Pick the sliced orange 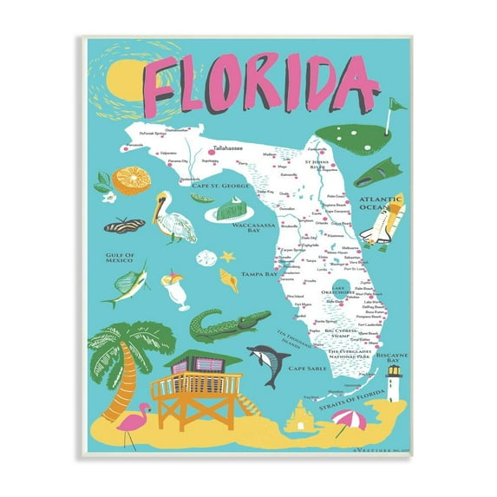[133, 180]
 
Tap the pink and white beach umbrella [350, 425]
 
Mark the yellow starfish [228, 258]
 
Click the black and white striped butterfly [123, 226]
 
